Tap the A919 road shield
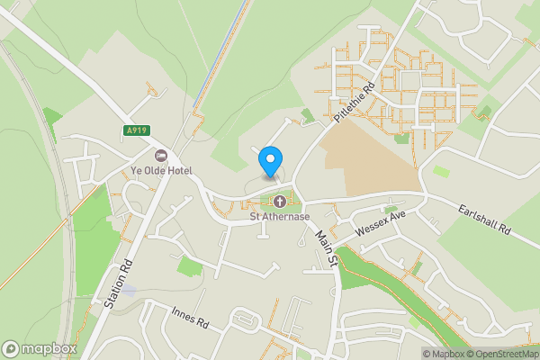(x=135, y=130)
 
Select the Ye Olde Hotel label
(x=161, y=171)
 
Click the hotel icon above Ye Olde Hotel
(x=161, y=156)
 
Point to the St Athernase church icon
(x=279, y=201)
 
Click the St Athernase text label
(x=279, y=216)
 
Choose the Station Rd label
(x=118, y=285)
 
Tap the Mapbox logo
(x=39, y=348)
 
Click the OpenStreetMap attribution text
(x=501, y=354)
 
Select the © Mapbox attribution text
(x=442, y=354)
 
